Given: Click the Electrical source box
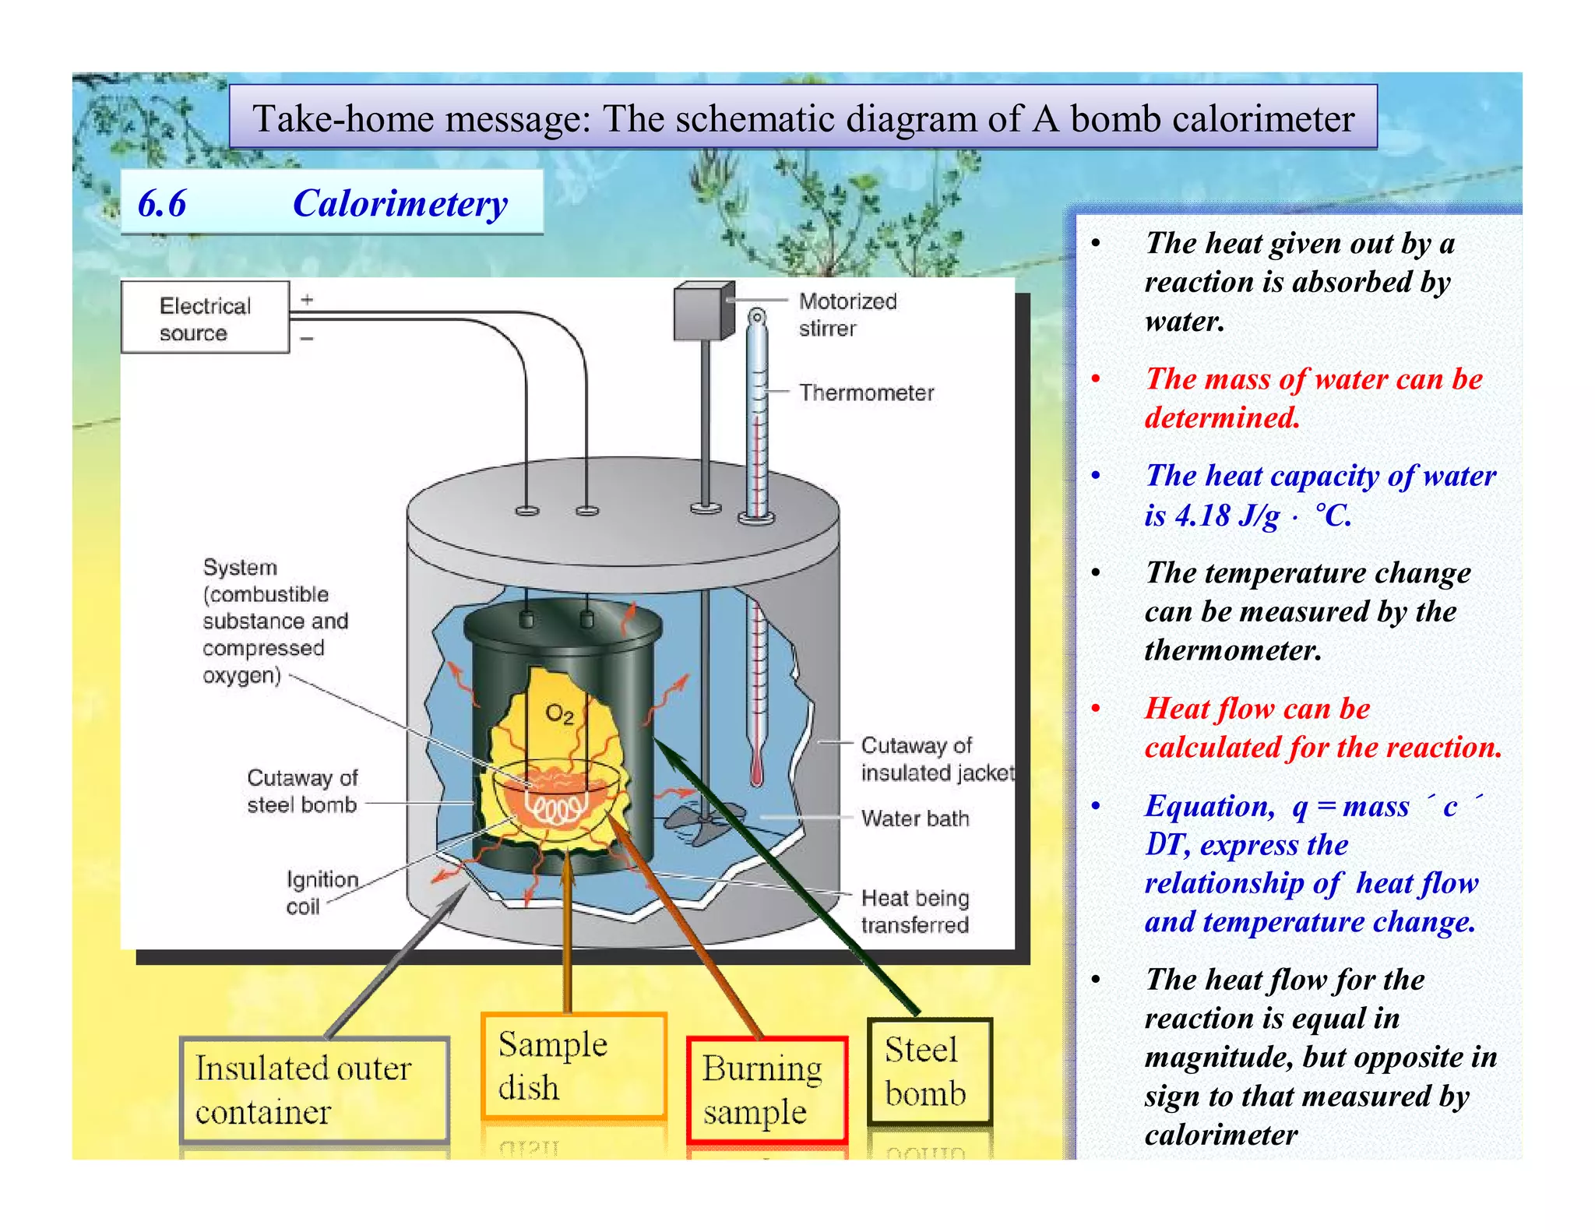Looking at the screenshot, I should click(x=205, y=318).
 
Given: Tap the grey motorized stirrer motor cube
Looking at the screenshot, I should click(x=702, y=312).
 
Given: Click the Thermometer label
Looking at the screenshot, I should click(x=866, y=392).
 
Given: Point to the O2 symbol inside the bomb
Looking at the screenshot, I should click(x=559, y=713).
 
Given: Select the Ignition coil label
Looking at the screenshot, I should click(x=321, y=892).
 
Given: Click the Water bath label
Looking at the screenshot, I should click(x=915, y=818).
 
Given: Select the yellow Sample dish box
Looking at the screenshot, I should click(x=574, y=1065).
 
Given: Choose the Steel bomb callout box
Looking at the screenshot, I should click(x=929, y=1072).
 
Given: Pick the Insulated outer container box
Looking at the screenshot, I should click(x=314, y=1089).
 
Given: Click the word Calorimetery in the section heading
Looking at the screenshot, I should click(x=400, y=204).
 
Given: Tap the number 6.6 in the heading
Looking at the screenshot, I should click(x=162, y=204).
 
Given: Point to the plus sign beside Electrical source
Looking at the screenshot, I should click(x=308, y=300).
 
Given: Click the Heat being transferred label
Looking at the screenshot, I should click(x=915, y=911).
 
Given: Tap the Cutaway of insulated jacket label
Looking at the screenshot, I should click(x=937, y=759).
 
